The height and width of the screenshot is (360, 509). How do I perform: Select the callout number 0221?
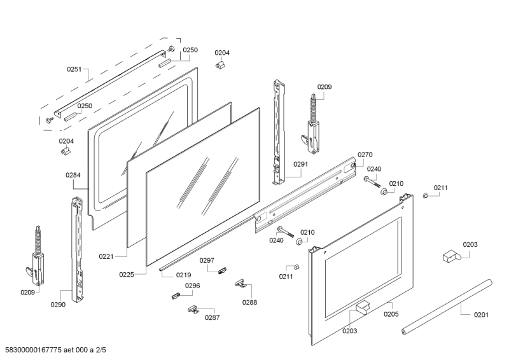(x=106, y=256)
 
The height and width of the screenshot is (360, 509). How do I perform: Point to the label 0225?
(x=127, y=274)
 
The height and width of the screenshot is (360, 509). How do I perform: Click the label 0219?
(x=166, y=275)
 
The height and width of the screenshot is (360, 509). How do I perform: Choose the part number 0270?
(x=365, y=155)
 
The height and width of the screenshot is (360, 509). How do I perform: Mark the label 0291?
(x=301, y=164)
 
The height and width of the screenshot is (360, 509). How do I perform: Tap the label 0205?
(x=391, y=314)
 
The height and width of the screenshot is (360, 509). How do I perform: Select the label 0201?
(x=482, y=314)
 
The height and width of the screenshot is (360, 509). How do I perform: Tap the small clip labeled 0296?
(x=176, y=294)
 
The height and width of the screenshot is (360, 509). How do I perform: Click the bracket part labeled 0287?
(x=193, y=309)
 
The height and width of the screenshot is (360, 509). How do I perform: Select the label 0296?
(x=192, y=286)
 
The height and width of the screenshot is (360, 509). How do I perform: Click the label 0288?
(x=249, y=302)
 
